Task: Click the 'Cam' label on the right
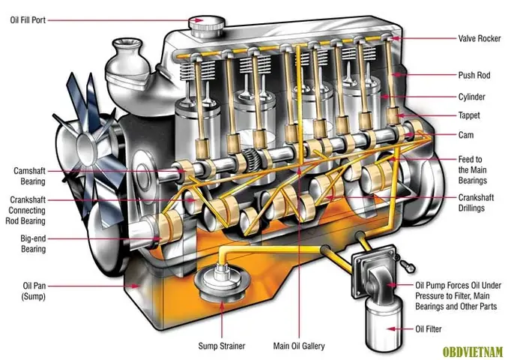point(465,135)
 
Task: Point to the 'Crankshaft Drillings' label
point(477,202)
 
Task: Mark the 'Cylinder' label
point(472,97)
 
